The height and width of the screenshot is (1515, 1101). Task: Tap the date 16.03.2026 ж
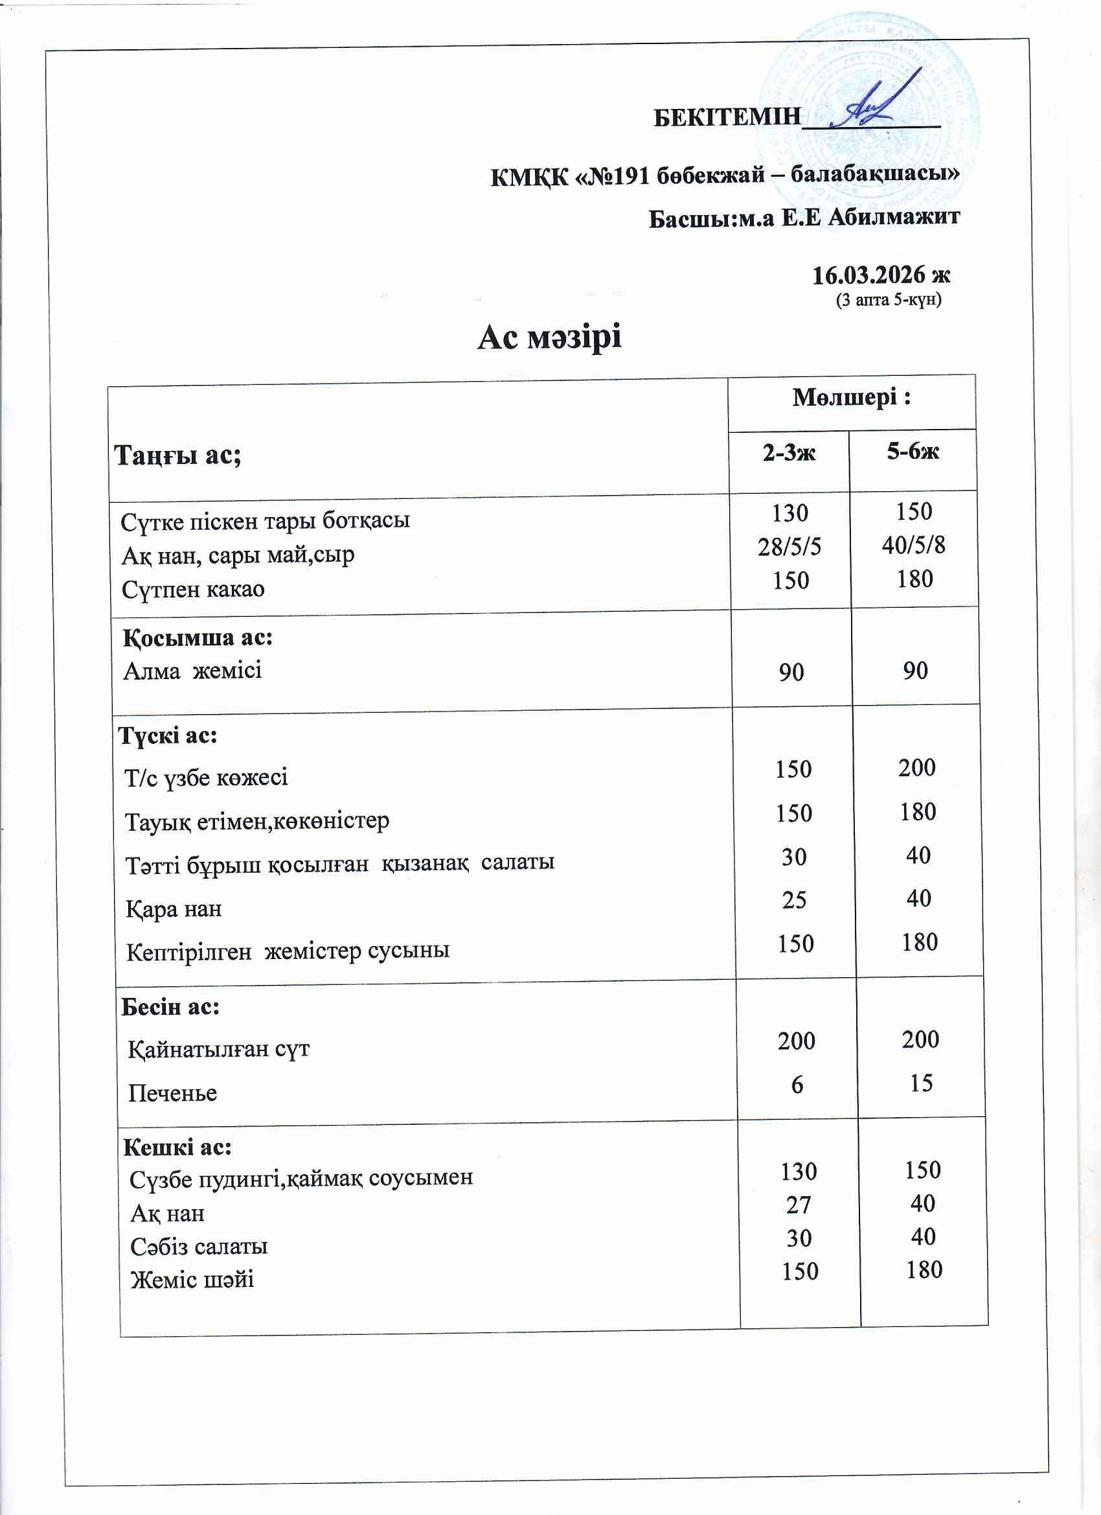881,275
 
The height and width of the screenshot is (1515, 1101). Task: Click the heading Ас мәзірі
549,337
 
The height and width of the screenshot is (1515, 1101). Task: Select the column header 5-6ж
913,452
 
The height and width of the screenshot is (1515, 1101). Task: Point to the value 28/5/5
789,547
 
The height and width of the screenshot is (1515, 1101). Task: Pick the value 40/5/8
913,546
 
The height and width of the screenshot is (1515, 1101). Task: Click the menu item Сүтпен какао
193,590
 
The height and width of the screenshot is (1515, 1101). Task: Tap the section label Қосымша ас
198,638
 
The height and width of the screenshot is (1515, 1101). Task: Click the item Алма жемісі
193,671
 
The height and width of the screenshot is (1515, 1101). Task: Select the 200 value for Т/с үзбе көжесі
916,767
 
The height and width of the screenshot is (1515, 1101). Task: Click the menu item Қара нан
174,909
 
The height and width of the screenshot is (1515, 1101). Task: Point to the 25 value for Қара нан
794,901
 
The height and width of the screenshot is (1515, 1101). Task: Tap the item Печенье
173,1094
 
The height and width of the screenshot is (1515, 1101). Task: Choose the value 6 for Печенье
797,1085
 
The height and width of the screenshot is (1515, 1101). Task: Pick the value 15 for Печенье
921,1083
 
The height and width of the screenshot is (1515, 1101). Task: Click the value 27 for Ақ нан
799,1205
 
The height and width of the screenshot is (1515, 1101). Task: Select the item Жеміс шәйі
192,1280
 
